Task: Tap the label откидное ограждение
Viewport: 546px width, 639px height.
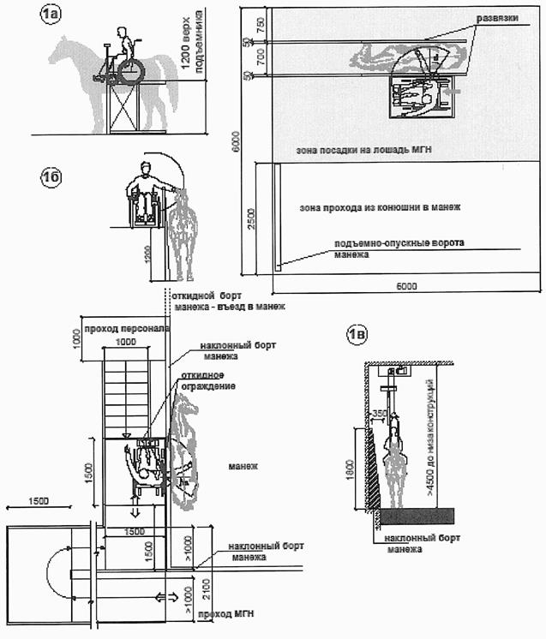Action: (x=204, y=379)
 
